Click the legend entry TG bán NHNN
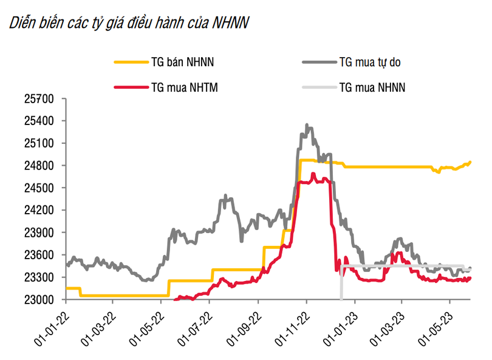click(x=182, y=61)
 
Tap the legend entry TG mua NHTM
click(x=184, y=87)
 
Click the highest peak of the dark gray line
click(x=307, y=125)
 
